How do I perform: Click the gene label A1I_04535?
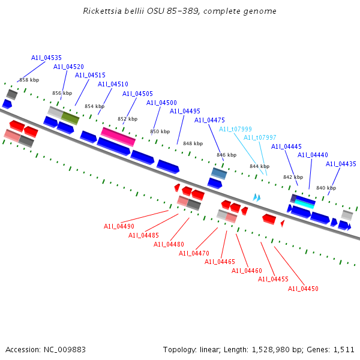tap(46, 58)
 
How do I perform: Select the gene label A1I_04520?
tap(68, 67)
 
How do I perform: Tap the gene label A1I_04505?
tap(137, 94)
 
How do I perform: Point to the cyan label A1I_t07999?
tap(235, 129)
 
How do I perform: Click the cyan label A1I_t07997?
tap(260, 137)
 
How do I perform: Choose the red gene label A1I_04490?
tap(119, 226)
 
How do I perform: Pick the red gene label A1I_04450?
tap(303, 289)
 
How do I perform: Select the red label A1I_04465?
tap(220, 262)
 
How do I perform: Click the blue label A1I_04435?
tap(341, 164)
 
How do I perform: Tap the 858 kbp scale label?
tap(29, 80)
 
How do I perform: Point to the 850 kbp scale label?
tap(160, 131)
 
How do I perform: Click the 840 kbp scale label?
tap(326, 188)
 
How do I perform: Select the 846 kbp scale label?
tap(226, 155)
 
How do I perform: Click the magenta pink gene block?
tap(118, 136)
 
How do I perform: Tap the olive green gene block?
tap(70, 118)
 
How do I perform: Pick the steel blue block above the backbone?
tap(218, 173)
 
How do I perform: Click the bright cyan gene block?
tap(305, 203)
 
